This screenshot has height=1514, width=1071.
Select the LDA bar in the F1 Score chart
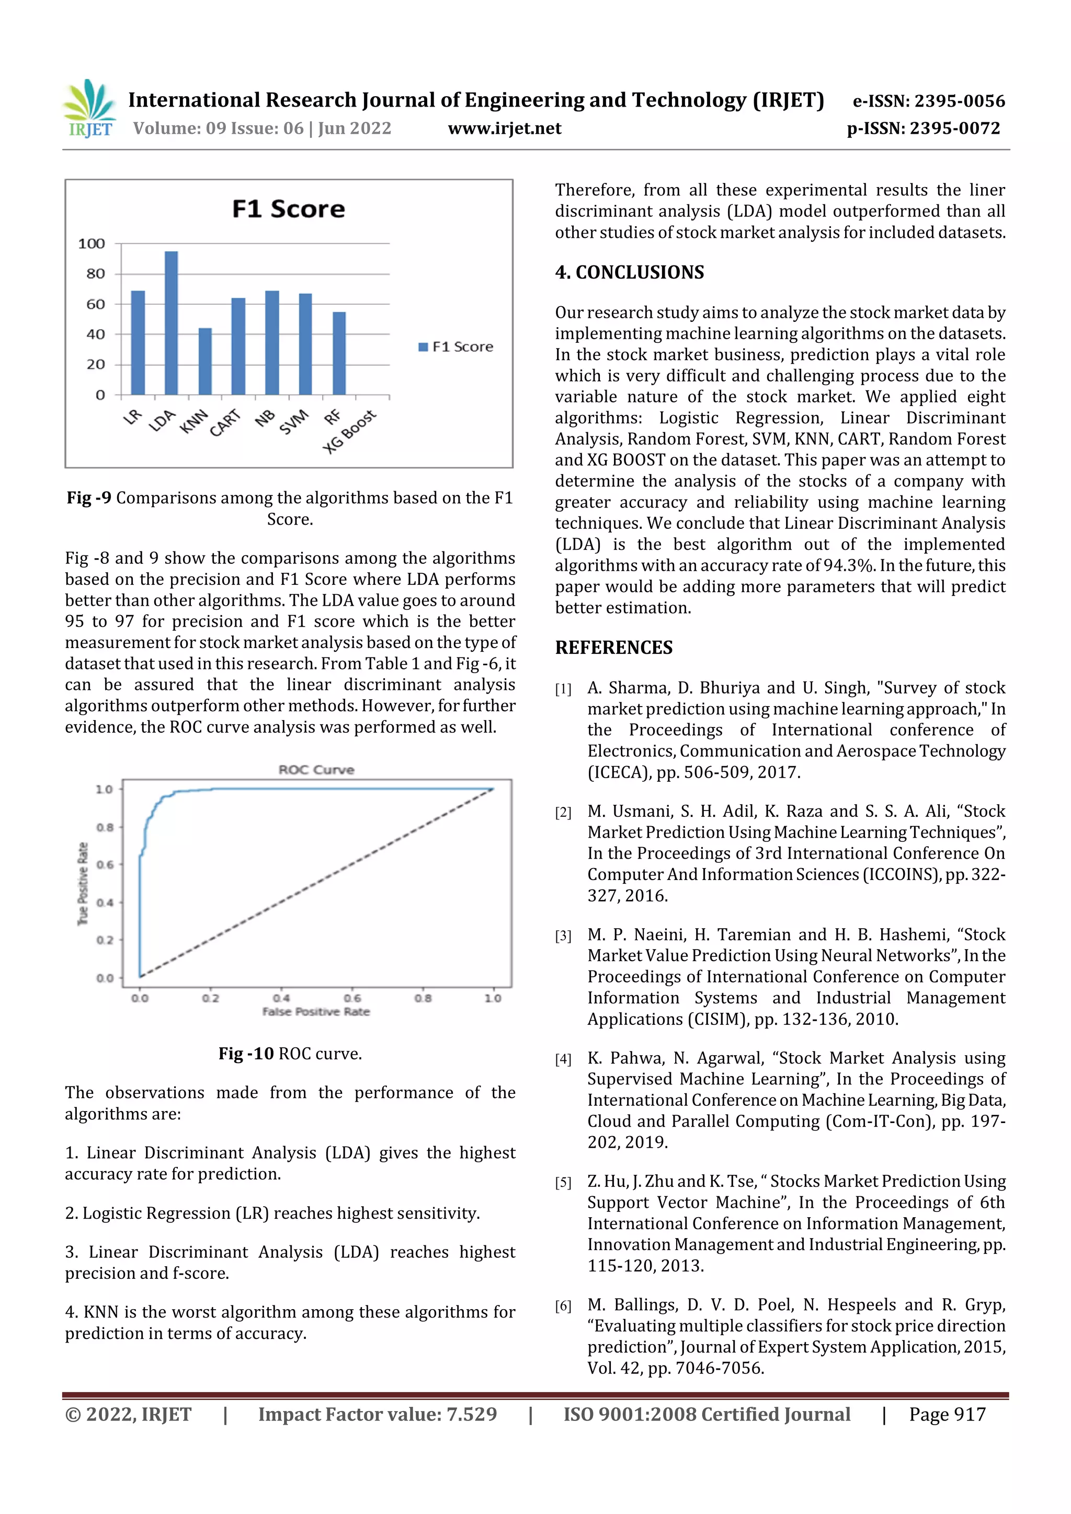click(x=171, y=323)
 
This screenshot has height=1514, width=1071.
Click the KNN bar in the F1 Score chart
click(x=205, y=361)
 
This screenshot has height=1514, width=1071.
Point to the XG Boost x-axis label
click(x=350, y=431)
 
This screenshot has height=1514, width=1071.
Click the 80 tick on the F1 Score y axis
click(x=96, y=274)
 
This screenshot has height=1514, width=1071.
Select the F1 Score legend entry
click(x=456, y=347)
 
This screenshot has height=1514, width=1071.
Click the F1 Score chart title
click(x=288, y=209)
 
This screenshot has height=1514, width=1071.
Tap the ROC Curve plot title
click(x=316, y=769)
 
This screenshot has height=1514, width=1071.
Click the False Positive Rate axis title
click(x=316, y=1012)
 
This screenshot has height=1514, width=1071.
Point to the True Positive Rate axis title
click(x=83, y=884)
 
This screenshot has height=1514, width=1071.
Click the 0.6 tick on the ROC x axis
click(x=352, y=998)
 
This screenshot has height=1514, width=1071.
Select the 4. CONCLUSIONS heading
click(x=629, y=272)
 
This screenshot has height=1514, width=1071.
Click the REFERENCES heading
click(x=614, y=648)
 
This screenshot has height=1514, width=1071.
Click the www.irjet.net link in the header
click(x=505, y=129)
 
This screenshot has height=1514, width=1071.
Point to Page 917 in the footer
click(x=947, y=1414)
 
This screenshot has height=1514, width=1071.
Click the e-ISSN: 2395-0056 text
click(x=928, y=101)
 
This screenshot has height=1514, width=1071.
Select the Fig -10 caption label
click(x=246, y=1054)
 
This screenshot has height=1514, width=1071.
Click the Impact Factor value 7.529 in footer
click(x=378, y=1414)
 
